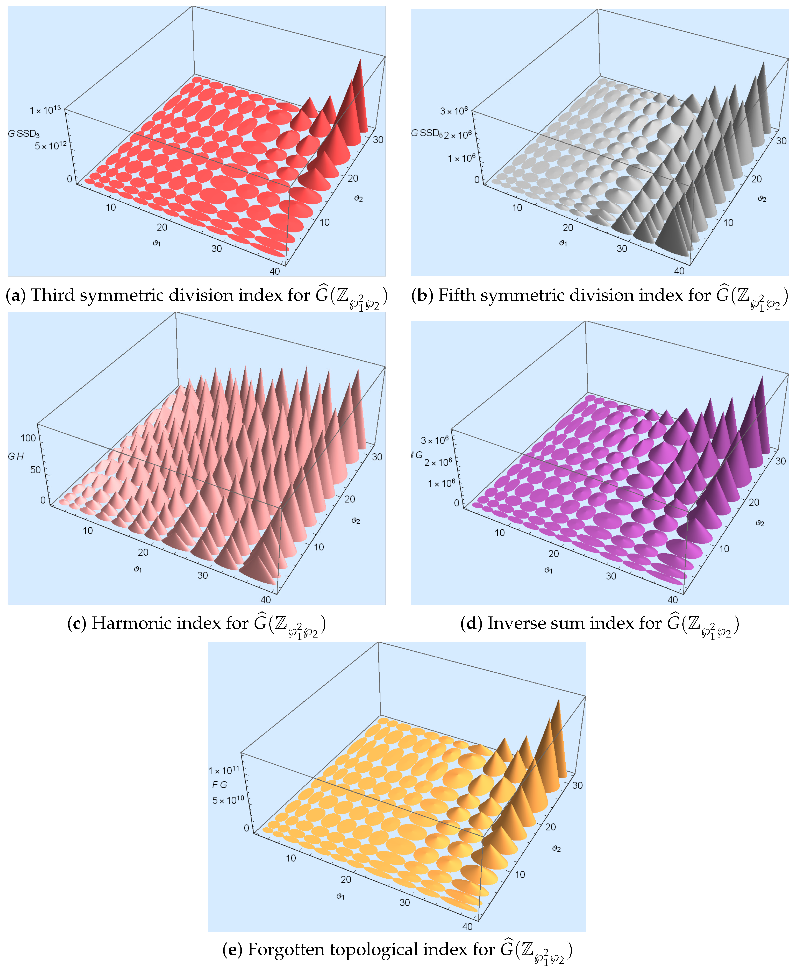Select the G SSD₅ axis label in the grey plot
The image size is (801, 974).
[x=426, y=133]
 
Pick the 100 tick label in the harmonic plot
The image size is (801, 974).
[x=28, y=438]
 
